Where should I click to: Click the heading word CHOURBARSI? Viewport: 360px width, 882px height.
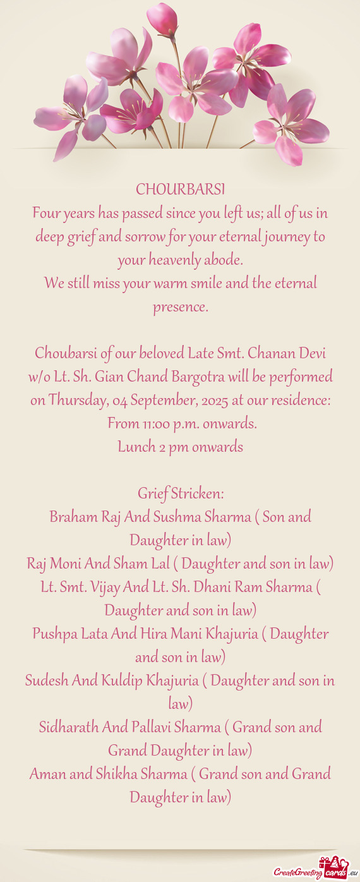coord(180,190)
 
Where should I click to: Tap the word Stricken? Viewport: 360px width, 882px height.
coord(198,493)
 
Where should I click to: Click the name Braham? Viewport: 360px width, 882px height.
coord(71,517)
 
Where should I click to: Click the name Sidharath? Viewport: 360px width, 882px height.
coord(68,727)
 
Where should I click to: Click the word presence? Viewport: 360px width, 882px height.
coord(180,307)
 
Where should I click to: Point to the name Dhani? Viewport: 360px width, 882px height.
coord(213,587)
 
